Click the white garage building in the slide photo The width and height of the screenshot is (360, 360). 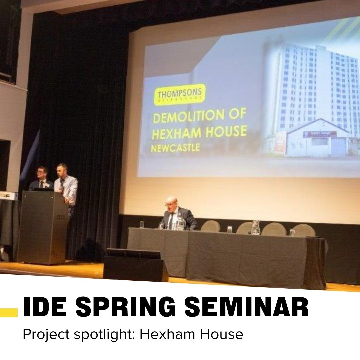[x=318, y=138]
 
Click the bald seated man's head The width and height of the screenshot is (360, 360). [x=171, y=202]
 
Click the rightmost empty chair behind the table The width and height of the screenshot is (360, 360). [x=303, y=230]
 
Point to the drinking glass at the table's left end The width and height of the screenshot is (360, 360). [x=142, y=225]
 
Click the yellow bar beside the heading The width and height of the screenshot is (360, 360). [x=9, y=312]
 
